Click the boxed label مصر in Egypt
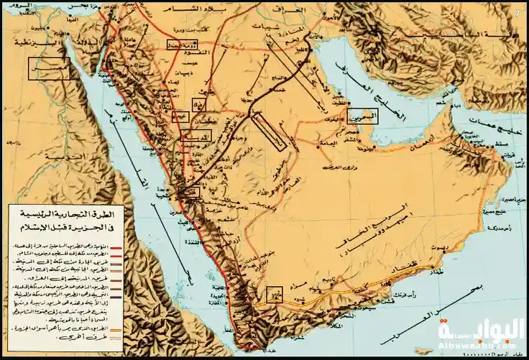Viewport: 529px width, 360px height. (49, 68)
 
